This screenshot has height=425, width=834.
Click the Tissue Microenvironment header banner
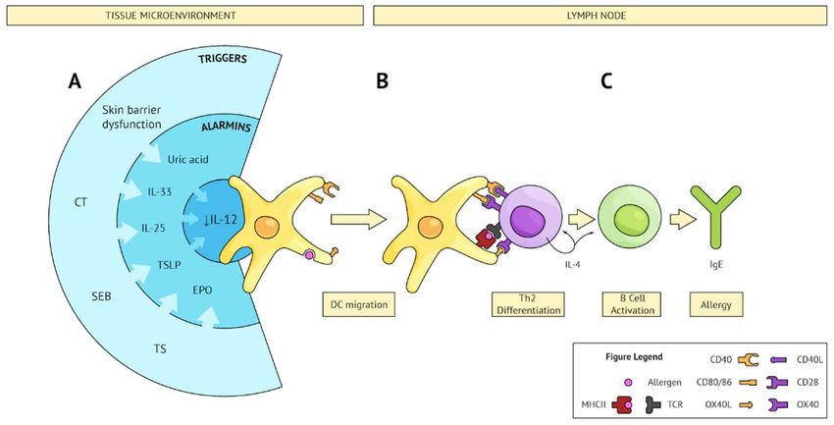(185, 16)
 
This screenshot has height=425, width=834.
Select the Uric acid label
(187, 159)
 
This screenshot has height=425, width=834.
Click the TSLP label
(169, 264)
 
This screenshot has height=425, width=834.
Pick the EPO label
(202, 291)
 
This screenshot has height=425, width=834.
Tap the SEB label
(101, 296)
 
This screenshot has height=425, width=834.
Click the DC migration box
(359, 305)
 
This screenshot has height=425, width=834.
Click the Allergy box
(716, 305)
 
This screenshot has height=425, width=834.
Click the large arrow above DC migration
(358, 219)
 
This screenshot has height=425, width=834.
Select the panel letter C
(606, 81)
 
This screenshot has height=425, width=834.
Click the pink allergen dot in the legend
(628, 382)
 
